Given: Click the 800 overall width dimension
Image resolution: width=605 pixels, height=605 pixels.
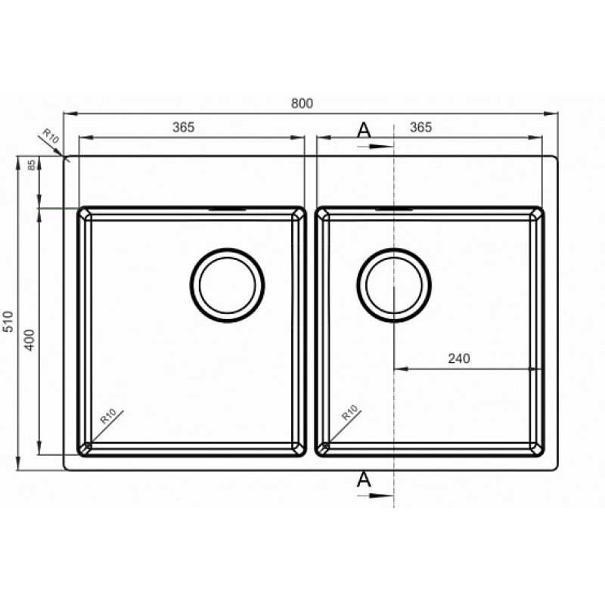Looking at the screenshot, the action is (302, 104).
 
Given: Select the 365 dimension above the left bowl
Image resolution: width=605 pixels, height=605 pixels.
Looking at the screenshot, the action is (184, 127).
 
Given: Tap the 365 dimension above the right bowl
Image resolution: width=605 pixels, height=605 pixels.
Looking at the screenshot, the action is (421, 127).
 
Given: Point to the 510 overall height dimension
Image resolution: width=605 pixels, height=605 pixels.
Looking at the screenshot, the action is (8, 321).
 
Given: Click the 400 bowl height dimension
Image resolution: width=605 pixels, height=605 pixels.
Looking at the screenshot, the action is (29, 340).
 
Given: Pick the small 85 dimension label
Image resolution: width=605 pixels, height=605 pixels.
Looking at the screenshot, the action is (32, 165).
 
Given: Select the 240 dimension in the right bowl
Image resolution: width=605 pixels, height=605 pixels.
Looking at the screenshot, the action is (459, 358).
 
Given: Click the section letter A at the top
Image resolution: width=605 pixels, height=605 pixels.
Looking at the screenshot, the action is (364, 130).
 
